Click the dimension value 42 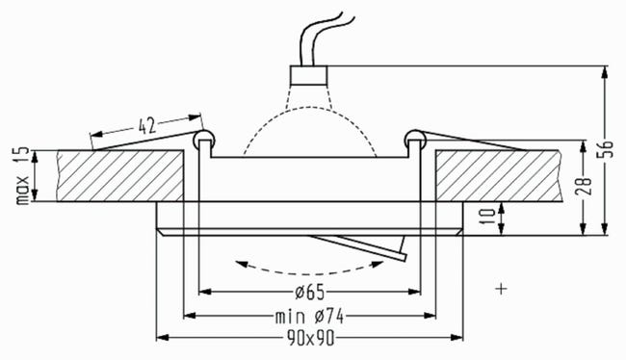click(146, 126)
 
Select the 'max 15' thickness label click(23, 175)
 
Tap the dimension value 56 click(607, 149)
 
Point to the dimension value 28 click(584, 186)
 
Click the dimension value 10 click(488, 217)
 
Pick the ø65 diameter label click(310, 293)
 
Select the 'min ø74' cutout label click(309, 317)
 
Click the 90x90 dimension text click(311, 339)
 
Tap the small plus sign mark click(501, 289)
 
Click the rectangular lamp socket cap click(308, 75)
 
